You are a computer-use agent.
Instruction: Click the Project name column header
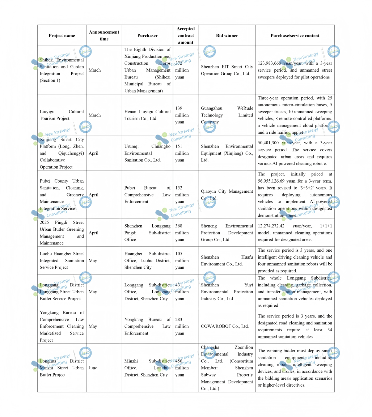click(62, 35)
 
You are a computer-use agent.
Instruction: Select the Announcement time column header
click(104, 35)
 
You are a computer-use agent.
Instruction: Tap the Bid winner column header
click(227, 35)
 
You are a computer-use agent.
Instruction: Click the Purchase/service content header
click(295, 35)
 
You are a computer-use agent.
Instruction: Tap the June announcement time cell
click(93, 368)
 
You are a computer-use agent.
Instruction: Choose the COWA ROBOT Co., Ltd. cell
click(225, 326)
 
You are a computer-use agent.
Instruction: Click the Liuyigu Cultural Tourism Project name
click(62, 115)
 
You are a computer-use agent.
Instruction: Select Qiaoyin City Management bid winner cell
click(227, 195)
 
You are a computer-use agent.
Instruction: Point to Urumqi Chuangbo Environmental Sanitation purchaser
click(147, 153)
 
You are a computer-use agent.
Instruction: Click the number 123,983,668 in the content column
click(270, 63)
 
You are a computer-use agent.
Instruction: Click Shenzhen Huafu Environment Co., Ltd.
click(227, 260)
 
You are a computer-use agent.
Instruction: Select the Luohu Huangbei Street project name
click(62, 260)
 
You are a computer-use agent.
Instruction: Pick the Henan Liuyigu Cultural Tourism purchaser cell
click(147, 115)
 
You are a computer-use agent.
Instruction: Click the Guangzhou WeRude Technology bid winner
click(227, 115)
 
